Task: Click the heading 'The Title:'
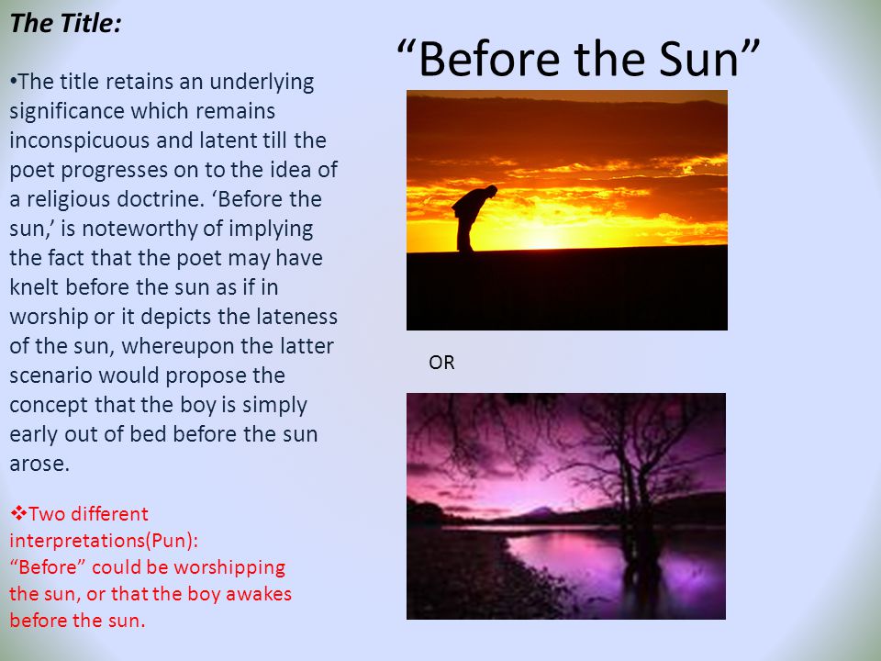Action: [66, 24]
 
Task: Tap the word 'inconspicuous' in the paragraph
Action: [79, 140]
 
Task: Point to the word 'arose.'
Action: [39, 464]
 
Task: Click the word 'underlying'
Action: [262, 82]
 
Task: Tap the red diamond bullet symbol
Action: [18, 512]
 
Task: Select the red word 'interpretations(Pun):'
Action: [104, 540]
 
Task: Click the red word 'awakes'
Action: [259, 594]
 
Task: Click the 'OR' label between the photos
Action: [441, 363]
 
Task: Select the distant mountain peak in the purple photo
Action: [539, 511]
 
